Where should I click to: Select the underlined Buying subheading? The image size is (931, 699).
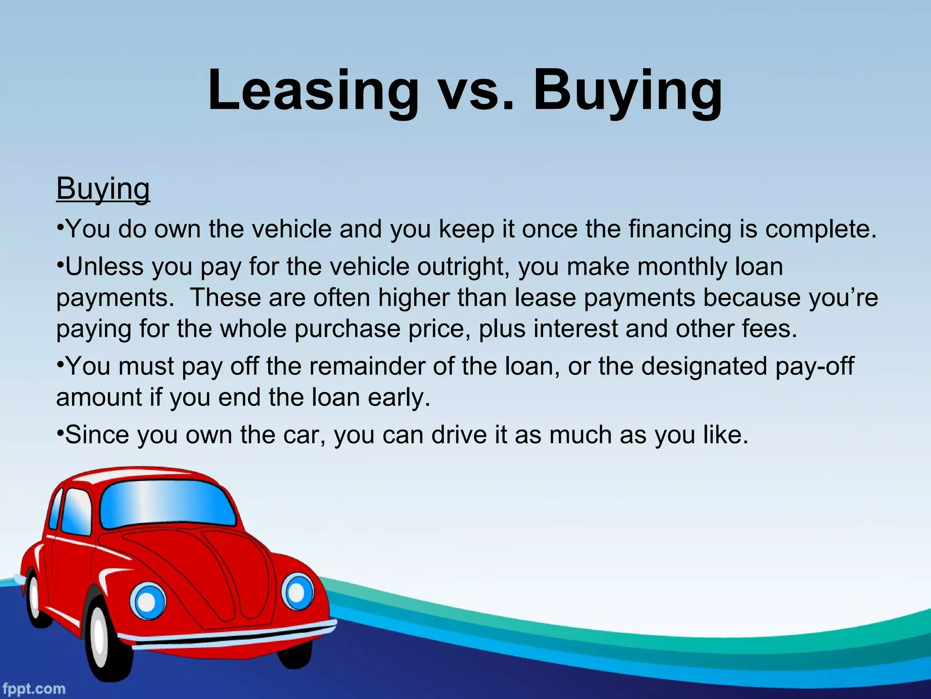(103, 188)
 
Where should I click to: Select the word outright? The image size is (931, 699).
(464, 267)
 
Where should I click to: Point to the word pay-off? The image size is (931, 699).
(815, 366)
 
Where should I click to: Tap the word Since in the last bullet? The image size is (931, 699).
(97, 435)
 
